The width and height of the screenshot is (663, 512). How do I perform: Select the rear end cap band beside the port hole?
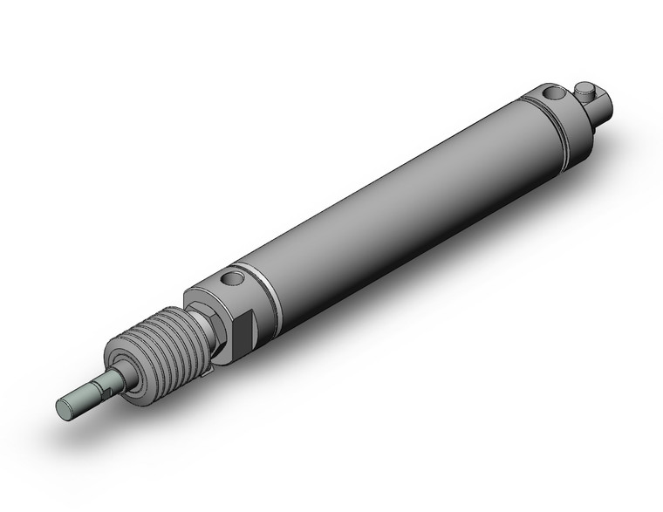pos(563,122)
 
